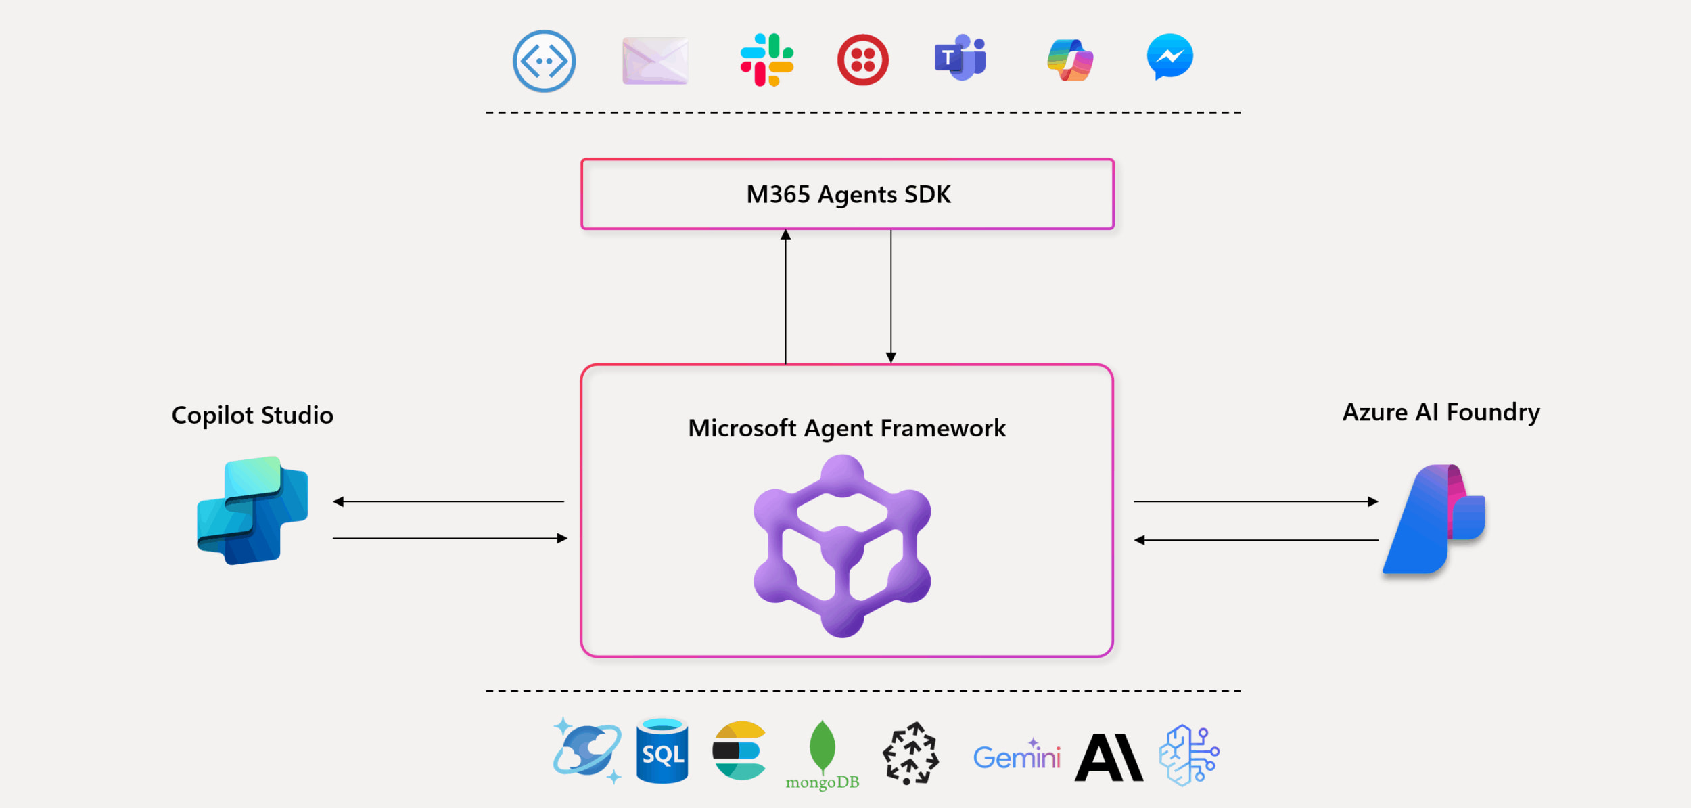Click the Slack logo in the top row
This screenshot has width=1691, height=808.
tap(766, 60)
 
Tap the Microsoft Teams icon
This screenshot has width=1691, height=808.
tap(960, 58)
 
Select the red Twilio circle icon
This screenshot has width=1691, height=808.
tap(863, 60)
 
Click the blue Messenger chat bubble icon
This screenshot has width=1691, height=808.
tap(1169, 57)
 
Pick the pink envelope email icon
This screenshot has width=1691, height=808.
tap(655, 61)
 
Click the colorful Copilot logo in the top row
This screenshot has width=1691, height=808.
tap(1070, 60)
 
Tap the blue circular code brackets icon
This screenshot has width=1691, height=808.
tap(544, 61)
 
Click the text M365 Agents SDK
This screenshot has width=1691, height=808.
tap(848, 195)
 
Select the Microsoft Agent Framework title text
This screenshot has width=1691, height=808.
tap(846, 428)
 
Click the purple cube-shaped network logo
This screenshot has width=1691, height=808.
tap(842, 545)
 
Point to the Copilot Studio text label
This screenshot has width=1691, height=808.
tap(252, 415)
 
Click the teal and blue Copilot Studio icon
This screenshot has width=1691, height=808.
tap(252, 511)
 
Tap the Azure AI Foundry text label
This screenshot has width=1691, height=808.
tap(1441, 412)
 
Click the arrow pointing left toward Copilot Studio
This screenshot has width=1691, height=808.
tap(448, 501)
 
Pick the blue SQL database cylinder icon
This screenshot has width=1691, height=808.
tap(662, 751)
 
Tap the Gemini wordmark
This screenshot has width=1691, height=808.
tap(1016, 757)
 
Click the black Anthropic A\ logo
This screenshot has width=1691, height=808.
tap(1109, 758)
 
